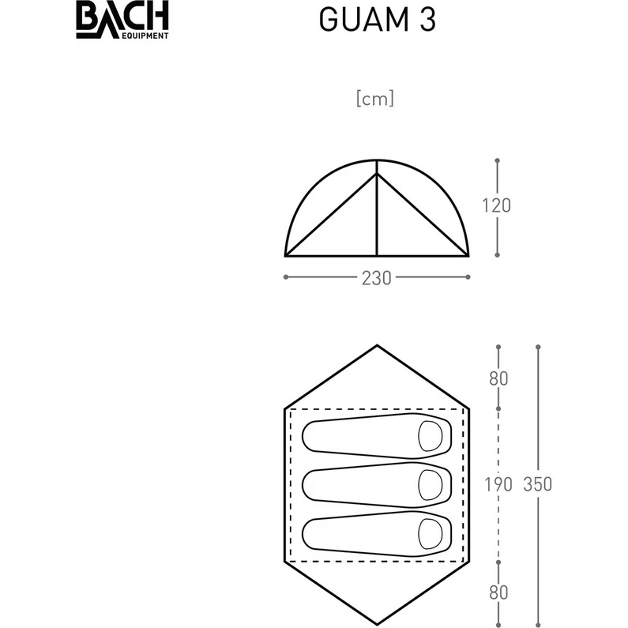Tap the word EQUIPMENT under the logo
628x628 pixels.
[145, 36]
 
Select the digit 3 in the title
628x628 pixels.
[427, 20]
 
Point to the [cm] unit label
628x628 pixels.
[375, 99]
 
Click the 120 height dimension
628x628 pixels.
[497, 206]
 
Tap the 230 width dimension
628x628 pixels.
[377, 278]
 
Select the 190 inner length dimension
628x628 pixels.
[498, 484]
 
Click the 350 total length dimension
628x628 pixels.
[538, 484]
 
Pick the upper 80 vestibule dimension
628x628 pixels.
[498, 378]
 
